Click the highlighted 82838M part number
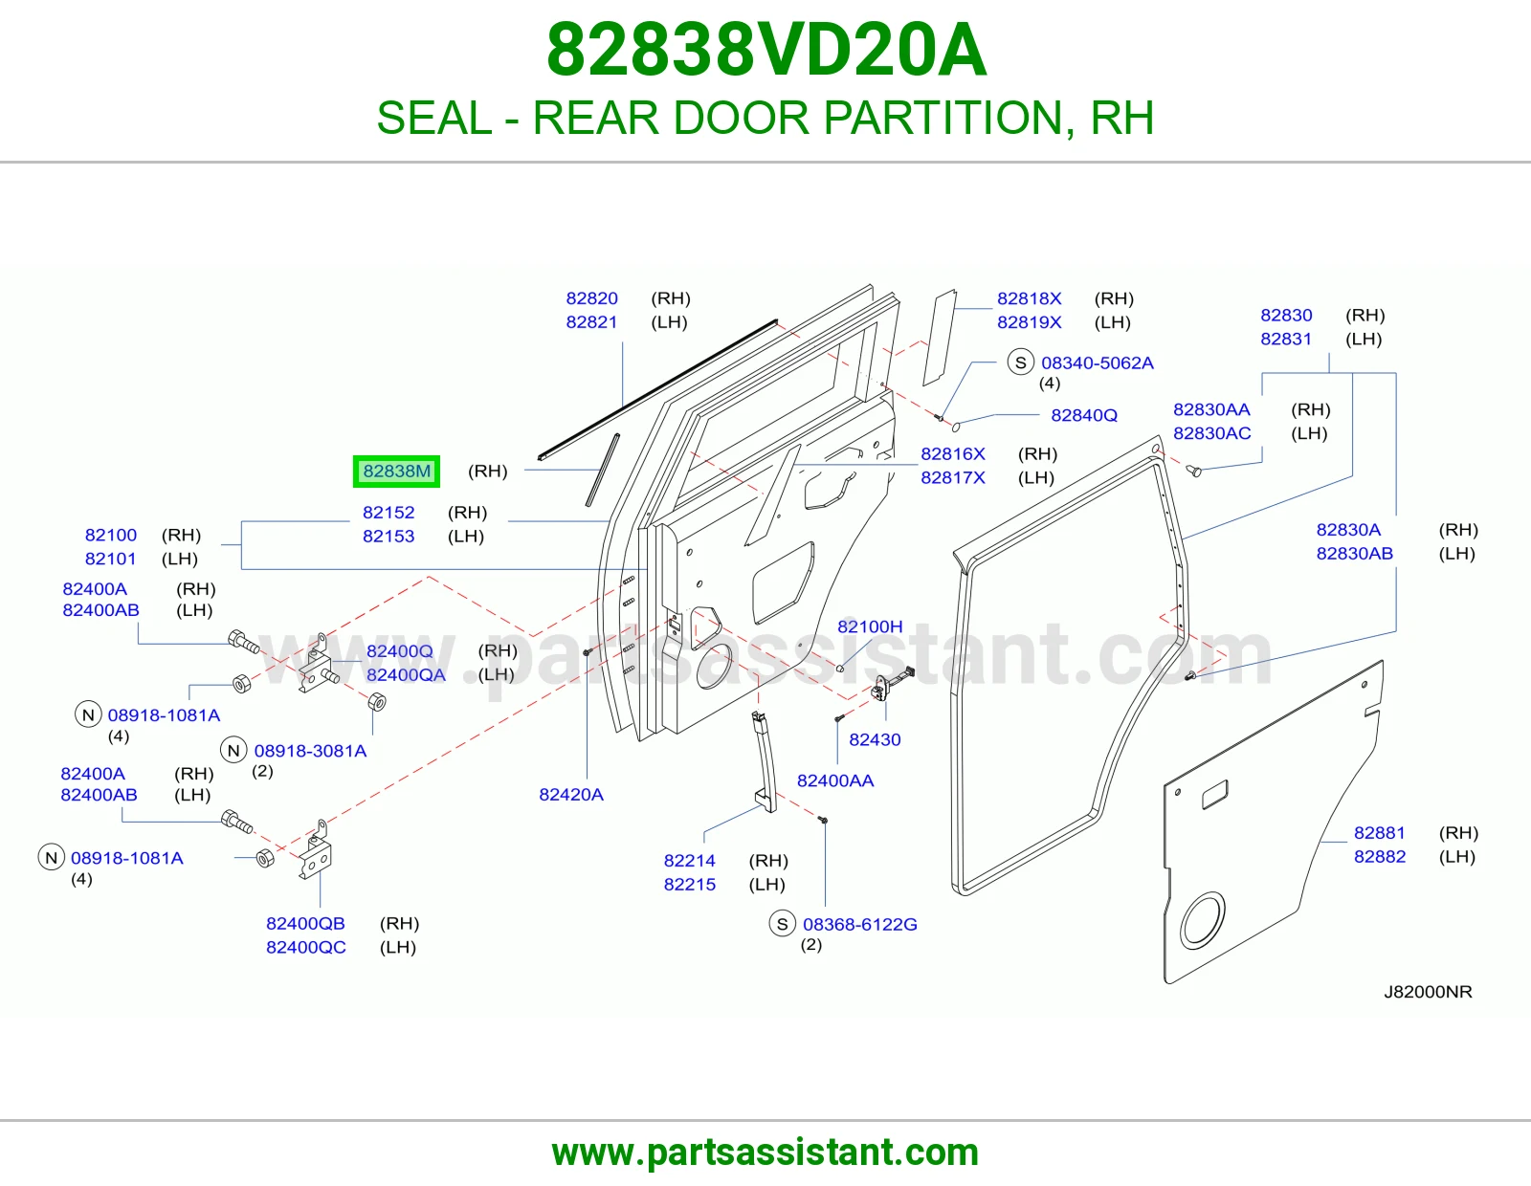click(x=397, y=472)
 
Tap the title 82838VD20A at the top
click(x=766, y=50)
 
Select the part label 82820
click(x=591, y=298)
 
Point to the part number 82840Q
click(x=1083, y=415)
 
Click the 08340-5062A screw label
click(x=1097, y=363)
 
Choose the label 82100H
click(x=870, y=626)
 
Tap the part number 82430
click(x=875, y=739)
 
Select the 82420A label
click(x=570, y=795)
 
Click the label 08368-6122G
click(x=859, y=924)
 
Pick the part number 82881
click(x=1380, y=833)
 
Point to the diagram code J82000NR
click(x=1428, y=992)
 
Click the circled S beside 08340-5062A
click(x=1020, y=362)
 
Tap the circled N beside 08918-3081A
click(x=233, y=751)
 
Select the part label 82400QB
click(x=305, y=923)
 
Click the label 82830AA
click(x=1211, y=410)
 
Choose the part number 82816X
click(x=952, y=454)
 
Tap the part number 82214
click(x=689, y=861)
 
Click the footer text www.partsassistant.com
click(x=765, y=1153)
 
